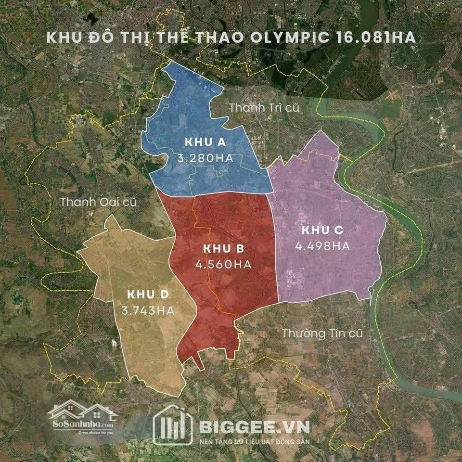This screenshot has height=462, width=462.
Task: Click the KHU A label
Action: pyautogui.click(x=205, y=142)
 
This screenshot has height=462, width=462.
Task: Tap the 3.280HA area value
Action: pyautogui.click(x=205, y=158)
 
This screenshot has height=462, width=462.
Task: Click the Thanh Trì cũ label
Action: pyautogui.click(x=264, y=107)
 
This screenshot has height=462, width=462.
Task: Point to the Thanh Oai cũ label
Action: pyautogui.click(x=99, y=202)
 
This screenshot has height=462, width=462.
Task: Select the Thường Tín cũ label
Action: pyautogui.click(x=322, y=333)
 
